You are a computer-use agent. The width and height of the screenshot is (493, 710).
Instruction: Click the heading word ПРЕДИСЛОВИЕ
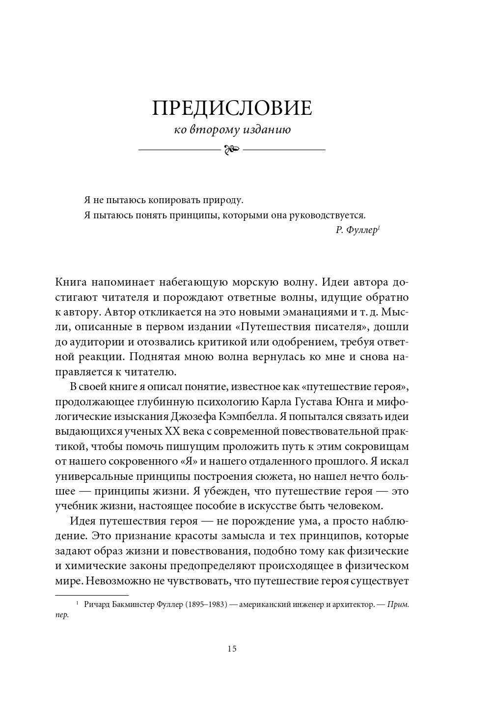point(232,108)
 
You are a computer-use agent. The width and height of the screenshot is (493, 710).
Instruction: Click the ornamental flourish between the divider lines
point(232,149)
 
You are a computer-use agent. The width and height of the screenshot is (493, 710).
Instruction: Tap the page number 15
point(232,649)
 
